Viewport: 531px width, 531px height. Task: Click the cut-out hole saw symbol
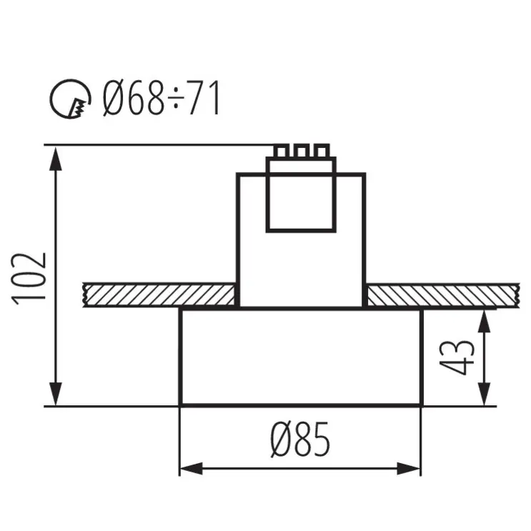click(71, 100)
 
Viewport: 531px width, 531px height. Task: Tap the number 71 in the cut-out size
click(205, 99)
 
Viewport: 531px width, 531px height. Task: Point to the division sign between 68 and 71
click(177, 100)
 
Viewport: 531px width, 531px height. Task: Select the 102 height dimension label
click(30, 277)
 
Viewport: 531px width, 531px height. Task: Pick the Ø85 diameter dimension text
click(300, 439)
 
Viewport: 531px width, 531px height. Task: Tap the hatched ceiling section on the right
click(440, 295)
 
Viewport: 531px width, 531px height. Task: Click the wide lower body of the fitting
click(300, 357)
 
